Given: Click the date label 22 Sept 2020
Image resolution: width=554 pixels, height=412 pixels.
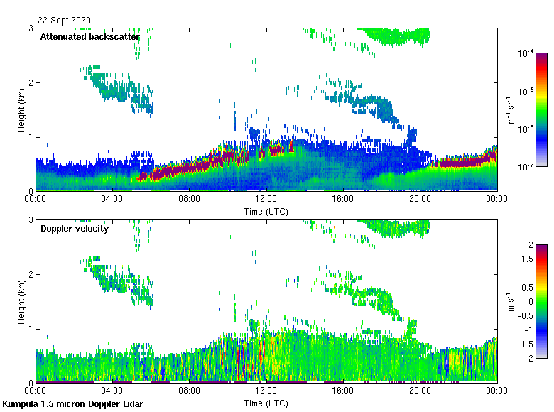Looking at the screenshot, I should click(64, 20).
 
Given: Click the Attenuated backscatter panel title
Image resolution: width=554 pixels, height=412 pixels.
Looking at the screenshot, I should click(89, 36).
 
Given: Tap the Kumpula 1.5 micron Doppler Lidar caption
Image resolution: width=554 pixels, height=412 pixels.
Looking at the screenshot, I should click(72, 403).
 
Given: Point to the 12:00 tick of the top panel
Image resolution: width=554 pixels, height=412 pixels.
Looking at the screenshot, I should click(266, 200).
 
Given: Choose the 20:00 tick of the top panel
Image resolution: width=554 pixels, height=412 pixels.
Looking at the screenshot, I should click(420, 200).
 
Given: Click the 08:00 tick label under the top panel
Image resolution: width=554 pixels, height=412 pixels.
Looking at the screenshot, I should click(190, 200).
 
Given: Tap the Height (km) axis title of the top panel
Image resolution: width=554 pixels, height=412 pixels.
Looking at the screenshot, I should click(22, 110).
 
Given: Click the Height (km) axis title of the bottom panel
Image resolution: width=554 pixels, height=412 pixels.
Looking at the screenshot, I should click(22, 302).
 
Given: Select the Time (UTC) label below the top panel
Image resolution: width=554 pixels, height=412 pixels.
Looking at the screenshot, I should click(266, 211).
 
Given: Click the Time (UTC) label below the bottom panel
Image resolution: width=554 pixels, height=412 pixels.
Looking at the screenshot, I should click(266, 403).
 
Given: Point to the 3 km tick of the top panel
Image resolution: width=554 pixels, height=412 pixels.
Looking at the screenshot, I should click(31, 28).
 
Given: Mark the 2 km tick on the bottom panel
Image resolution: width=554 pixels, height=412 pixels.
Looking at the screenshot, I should click(31, 274).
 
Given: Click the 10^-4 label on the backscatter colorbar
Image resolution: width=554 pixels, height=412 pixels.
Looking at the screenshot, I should click(526, 53).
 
